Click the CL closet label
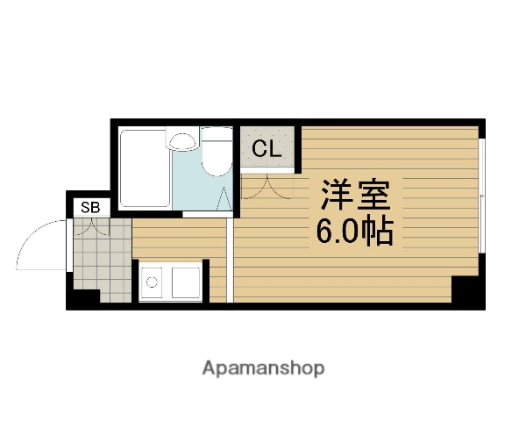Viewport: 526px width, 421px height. coord(267,148)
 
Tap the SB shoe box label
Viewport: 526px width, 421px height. coord(90,207)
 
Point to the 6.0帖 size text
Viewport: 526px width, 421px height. coord(353,232)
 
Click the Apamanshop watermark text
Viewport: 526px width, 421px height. coord(263,367)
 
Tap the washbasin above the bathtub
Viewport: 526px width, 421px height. coord(182,139)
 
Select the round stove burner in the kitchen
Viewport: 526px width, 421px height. coord(152,282)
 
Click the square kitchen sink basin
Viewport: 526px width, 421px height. coord(187,282)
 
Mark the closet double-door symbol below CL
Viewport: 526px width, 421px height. coord(266,185)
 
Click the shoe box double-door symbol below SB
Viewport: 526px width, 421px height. coord(90,228)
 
